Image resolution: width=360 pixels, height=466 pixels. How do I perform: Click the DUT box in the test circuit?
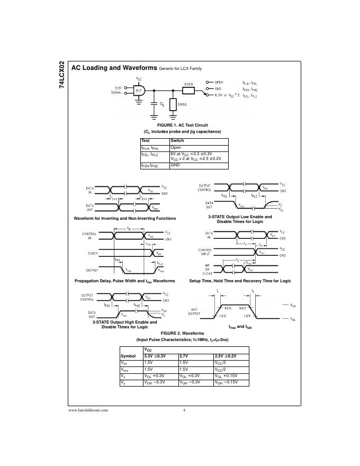coord(139,91)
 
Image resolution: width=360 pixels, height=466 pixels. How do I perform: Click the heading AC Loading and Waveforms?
coord(114,68)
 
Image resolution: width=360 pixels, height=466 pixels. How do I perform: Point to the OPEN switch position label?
coord(218,82)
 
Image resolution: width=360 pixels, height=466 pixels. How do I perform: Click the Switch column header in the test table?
coord(177,141)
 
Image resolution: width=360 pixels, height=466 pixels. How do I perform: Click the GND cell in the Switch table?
coord(175,165)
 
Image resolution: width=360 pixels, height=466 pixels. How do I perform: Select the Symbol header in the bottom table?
coord(129,355)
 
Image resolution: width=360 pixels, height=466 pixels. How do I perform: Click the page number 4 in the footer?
coord(184,410)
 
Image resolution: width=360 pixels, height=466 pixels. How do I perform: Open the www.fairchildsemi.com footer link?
coord(88,410)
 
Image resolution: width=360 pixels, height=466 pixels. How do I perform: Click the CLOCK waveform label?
coord(93,253)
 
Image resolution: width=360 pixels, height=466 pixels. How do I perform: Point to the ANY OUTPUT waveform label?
coord(194,311)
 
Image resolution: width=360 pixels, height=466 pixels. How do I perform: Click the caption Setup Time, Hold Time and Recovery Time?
coord(240,281)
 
